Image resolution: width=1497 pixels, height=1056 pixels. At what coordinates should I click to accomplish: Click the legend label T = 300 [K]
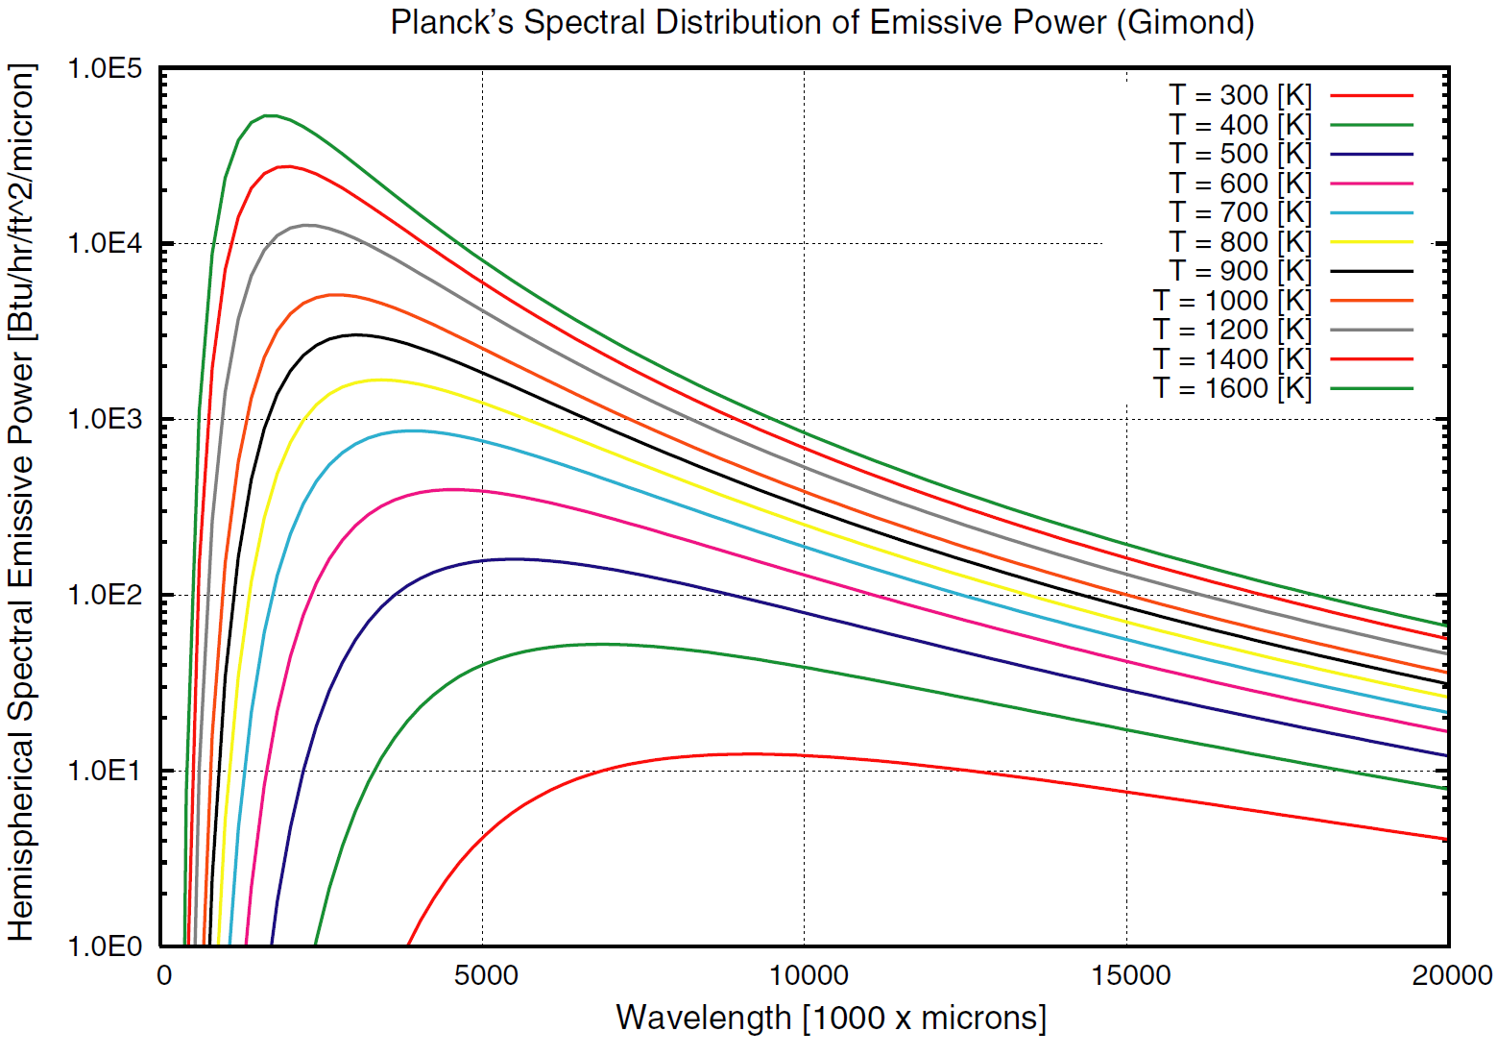tap(1240, 95)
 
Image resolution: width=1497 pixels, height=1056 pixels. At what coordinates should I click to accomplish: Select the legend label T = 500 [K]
tap(1240, 154)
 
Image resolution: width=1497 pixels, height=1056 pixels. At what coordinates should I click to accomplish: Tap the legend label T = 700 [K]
tap(1240, 212)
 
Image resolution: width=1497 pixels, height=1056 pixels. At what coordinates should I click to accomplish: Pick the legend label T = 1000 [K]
tap(1232, 301)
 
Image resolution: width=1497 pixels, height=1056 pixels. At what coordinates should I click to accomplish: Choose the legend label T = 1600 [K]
tap(1232, 388)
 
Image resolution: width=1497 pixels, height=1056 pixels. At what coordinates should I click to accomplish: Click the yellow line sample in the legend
tap(1371, 242)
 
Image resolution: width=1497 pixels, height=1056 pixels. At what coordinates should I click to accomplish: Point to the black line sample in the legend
tap(1371, 272)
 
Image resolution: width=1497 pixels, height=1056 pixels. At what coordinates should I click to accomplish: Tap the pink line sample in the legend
tap(1371, 184)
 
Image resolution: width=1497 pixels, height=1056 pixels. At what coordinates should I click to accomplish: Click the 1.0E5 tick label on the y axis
tap(104, 69)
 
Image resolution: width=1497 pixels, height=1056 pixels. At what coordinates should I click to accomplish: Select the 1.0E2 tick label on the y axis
tap(104, 595)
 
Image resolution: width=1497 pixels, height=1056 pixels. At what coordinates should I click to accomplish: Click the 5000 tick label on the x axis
tap(483, 976)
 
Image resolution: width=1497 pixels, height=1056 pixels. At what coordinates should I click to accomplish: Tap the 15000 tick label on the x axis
tap(1125, 976)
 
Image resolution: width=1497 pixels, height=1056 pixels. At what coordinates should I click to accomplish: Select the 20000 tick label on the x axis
tap(1447, 976)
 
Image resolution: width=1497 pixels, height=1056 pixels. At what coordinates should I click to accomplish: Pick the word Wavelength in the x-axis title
tap(703, 1018)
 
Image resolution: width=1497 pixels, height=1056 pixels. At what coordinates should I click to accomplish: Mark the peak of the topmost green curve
tap(271, 115)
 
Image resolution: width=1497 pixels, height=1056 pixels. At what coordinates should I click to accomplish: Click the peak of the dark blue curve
tap(514, 558)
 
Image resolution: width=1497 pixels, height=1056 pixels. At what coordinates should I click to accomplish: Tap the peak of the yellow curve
tap(379, 380)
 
